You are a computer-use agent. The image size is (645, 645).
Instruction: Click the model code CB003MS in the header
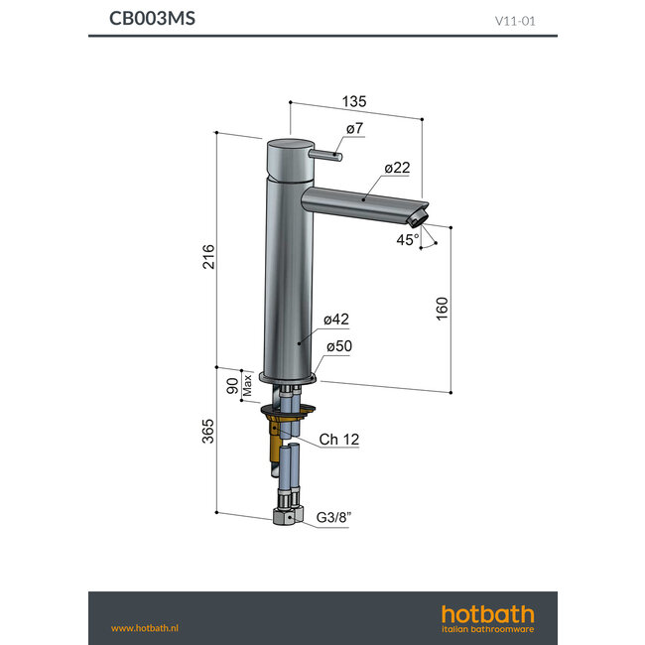pyautogui.click(x=152, y=19)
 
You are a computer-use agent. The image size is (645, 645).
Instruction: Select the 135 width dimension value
pyautogui.click(x=354, y=100)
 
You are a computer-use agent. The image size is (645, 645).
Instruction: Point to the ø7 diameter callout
pyautogui.click(x=354, y=130)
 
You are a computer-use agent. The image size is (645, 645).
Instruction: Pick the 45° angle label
pyautogui.click(x=407, y=239)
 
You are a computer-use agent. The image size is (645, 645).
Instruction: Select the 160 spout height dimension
pyautogui.click(x=442, y=309)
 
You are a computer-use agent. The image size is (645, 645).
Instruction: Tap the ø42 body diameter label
pyautogui.click(x=335, y=320)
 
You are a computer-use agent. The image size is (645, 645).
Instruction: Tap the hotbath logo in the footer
pyautogui.click(x=486, y=616)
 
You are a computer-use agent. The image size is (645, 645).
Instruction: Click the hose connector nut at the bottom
pyautogui.click(x=285, y=517)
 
